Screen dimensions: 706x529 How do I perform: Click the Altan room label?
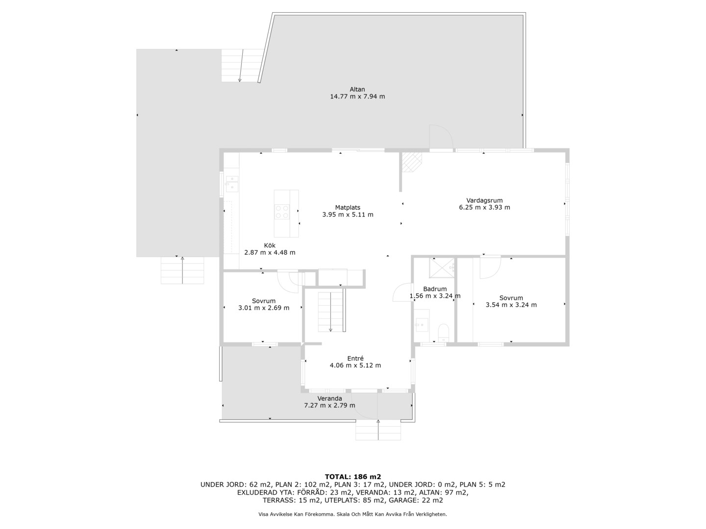pyautogui.click(x=357, y=89)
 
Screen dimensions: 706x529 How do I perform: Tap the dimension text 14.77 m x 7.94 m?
pyautogui.click(x=357, y=96)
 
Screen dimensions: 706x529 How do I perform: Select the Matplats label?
pyautogui.click(x=348, y=208)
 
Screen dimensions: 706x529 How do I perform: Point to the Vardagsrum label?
pyautogui.click(x=484, y=200)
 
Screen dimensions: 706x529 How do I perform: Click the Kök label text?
pyautogui.click(x=270, y=245)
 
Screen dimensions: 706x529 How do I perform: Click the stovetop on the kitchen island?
pyautogui.click(x=282, y=212)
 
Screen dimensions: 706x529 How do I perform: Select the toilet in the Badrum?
pyautogui.click(x=444, y=333)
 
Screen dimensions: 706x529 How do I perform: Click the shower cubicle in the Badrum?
pyautogui.click(x=442, y=268)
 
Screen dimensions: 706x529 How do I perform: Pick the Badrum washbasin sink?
pyautogui.click(x=421, y=325)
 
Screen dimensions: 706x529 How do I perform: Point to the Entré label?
pyautogui.click(x=355, y=358)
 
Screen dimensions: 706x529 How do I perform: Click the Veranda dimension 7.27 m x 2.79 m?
pyautogui.click(x=329, y=406)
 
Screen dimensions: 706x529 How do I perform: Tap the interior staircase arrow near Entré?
pyautogui.click(x=330, y=312)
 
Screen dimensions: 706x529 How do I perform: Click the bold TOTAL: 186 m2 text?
pyautogui.click(x=353, y=477)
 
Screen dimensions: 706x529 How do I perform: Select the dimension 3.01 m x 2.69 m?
pyautogui.click(x=264, y=308)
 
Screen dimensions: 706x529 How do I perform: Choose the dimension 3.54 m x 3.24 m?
pyautogui.click(x=511, y=305)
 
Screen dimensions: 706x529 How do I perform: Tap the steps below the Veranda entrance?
pyautogui.click(x=378, y=430)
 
